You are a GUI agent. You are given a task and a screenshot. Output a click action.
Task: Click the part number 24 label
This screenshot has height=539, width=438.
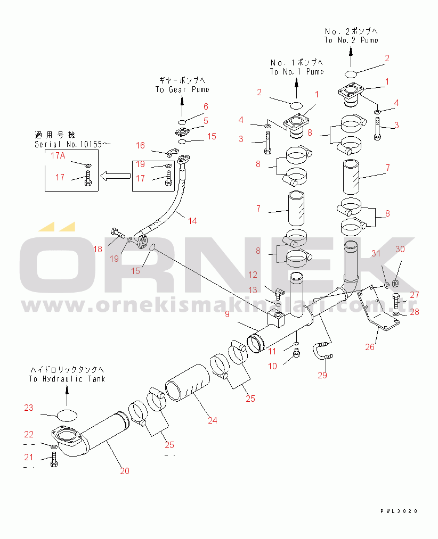213,420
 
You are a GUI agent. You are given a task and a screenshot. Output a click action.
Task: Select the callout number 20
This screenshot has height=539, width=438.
124,470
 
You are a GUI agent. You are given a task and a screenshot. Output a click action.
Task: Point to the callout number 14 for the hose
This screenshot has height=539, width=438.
192,220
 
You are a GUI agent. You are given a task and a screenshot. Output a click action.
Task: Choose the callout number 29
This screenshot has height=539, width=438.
322,376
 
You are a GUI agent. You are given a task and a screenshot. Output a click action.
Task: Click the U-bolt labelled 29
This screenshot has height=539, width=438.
324,352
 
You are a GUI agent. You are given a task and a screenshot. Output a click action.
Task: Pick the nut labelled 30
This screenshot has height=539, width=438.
396,283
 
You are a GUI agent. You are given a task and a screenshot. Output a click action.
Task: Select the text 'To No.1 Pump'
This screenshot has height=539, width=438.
296,71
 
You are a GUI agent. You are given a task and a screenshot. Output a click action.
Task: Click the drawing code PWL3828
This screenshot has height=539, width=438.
399,510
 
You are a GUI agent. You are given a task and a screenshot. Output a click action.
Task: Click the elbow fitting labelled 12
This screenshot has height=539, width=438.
277,291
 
